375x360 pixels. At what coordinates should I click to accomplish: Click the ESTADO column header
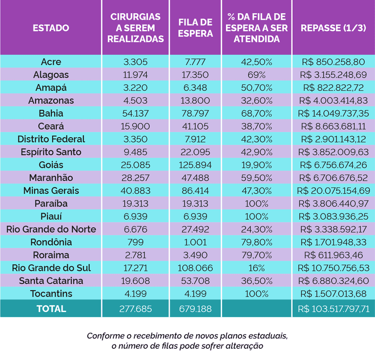click(51, 28)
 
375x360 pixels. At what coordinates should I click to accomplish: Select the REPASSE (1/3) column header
click(333, 28)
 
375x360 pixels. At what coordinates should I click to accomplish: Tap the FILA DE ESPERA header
click(195, 28)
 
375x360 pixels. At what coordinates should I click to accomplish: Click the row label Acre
click(51, 62)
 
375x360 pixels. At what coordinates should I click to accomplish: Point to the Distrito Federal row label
click(51, 139)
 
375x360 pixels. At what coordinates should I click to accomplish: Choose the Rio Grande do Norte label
click(51, 230)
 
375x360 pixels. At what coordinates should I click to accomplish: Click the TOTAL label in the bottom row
click(51, 309)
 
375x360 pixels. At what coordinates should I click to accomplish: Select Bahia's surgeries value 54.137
click(135, 113)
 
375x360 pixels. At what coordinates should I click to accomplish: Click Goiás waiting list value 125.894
click(195, 165)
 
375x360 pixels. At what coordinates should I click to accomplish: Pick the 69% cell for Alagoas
click(257, 75)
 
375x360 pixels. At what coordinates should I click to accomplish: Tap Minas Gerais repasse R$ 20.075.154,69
click(333, 191)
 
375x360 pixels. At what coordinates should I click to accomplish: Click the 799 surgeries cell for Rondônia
click(135, 242)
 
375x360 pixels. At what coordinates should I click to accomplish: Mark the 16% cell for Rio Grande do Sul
click(257, 268)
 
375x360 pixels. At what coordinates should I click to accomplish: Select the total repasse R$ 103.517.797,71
click(333, 309)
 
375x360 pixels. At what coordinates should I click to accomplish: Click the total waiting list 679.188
click(195, 309)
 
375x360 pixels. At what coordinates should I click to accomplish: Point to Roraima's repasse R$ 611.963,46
click(333, 255)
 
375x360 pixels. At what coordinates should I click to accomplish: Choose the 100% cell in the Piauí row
click(257, 216)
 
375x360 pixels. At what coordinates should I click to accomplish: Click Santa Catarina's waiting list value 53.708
click(195, 281)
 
